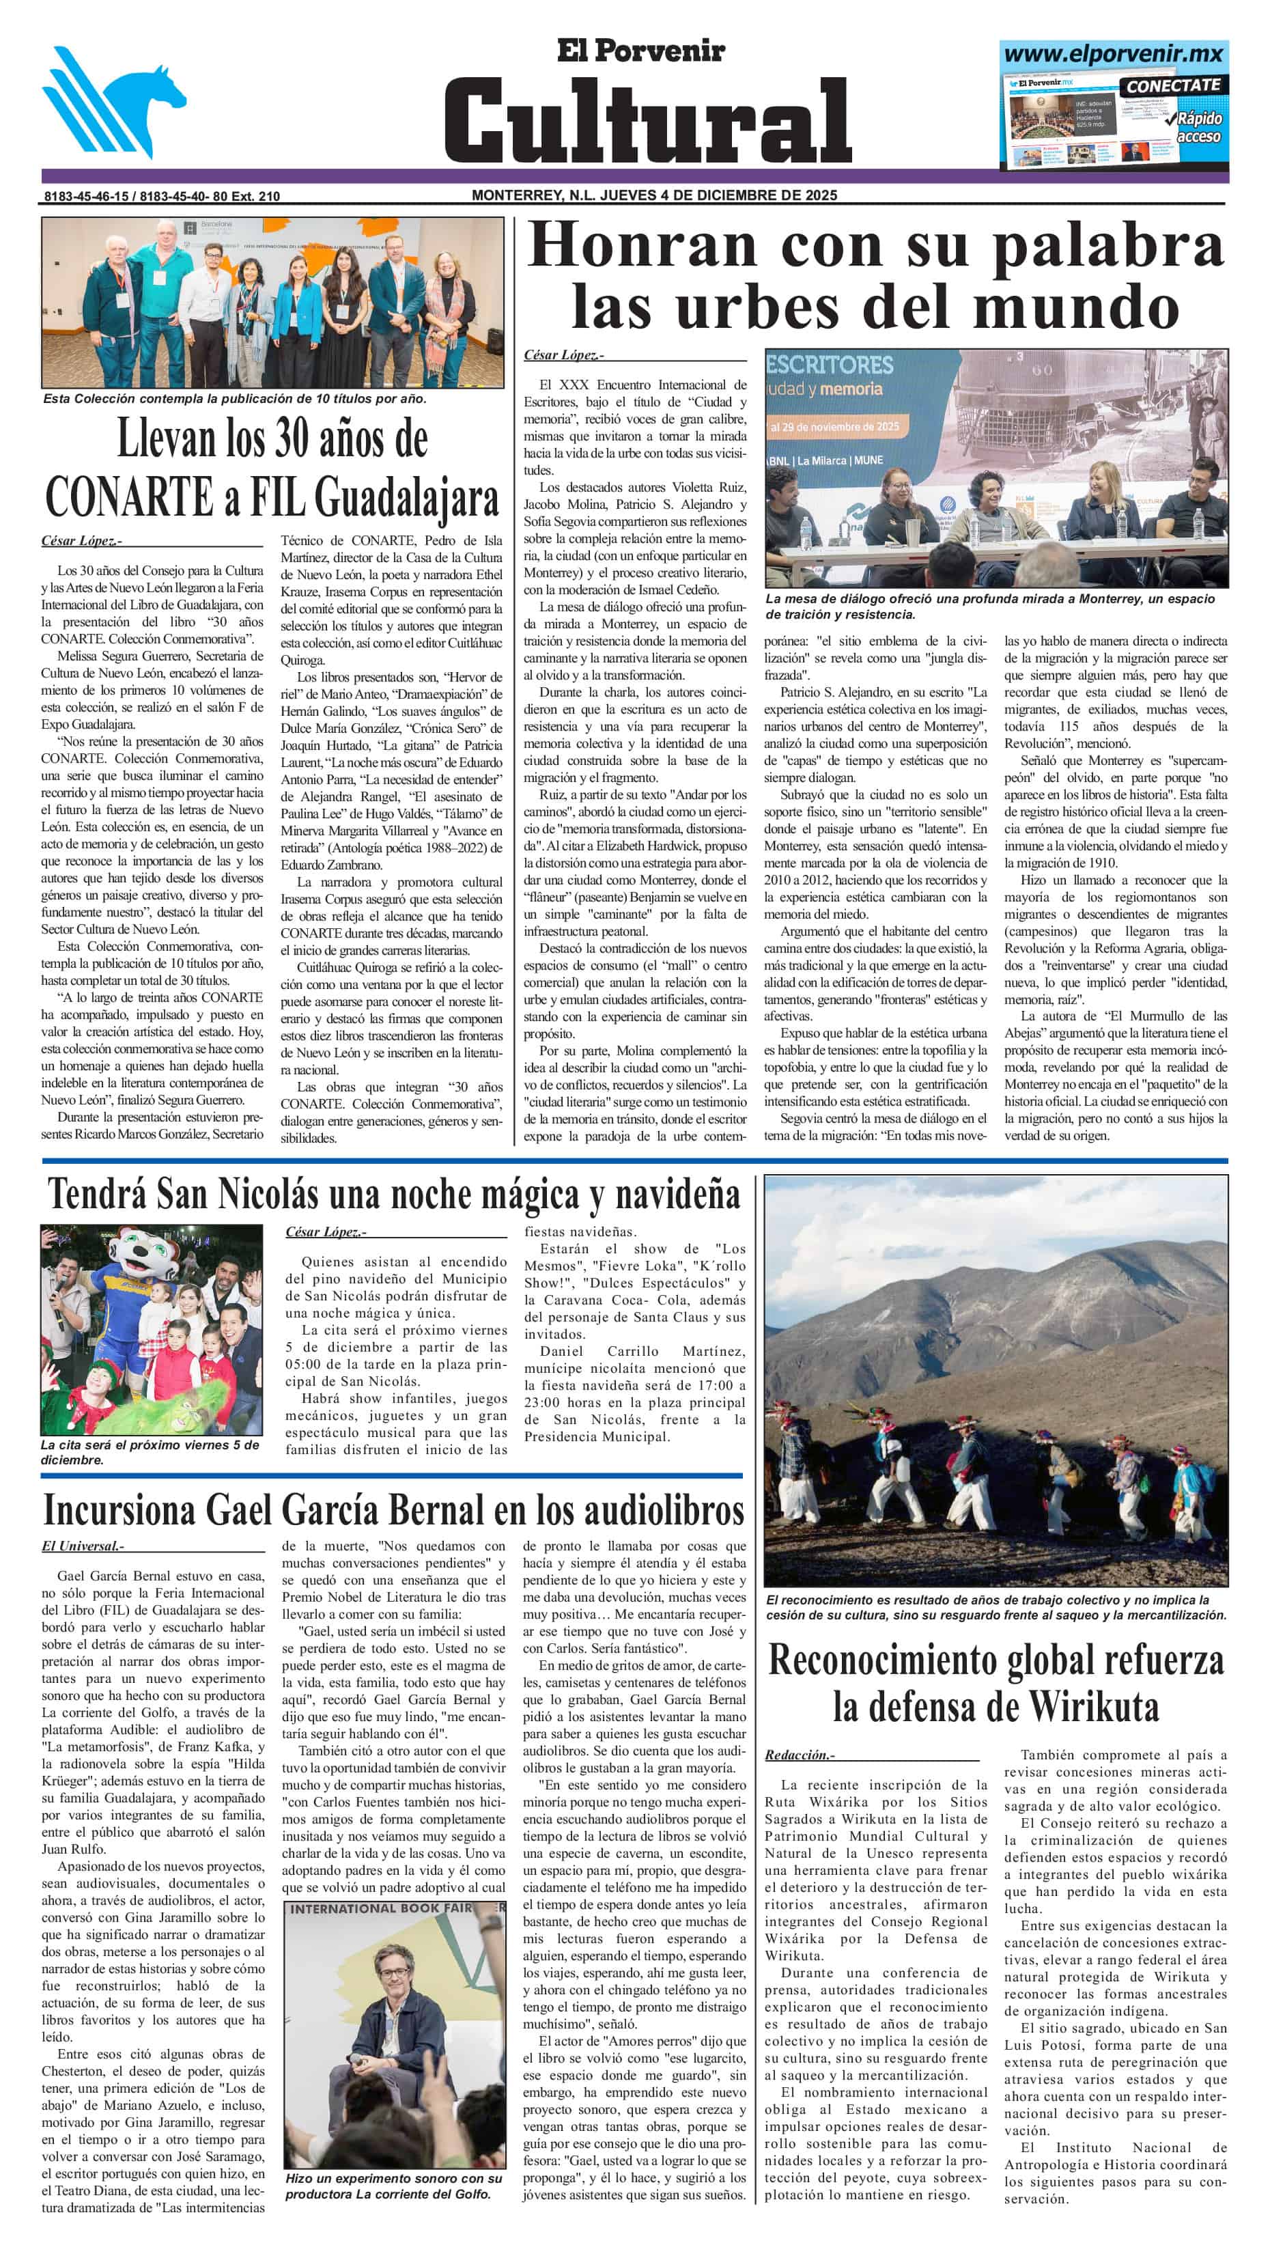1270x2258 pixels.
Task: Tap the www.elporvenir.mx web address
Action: (1113, 53)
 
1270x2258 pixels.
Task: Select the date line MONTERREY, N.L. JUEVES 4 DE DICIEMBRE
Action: (654, 195)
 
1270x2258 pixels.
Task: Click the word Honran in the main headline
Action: (644, 247)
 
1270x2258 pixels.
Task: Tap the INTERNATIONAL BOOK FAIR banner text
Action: (382, 1908)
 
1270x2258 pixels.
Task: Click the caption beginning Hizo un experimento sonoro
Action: (393, 2185)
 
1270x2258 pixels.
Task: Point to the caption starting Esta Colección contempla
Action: (235, 399)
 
